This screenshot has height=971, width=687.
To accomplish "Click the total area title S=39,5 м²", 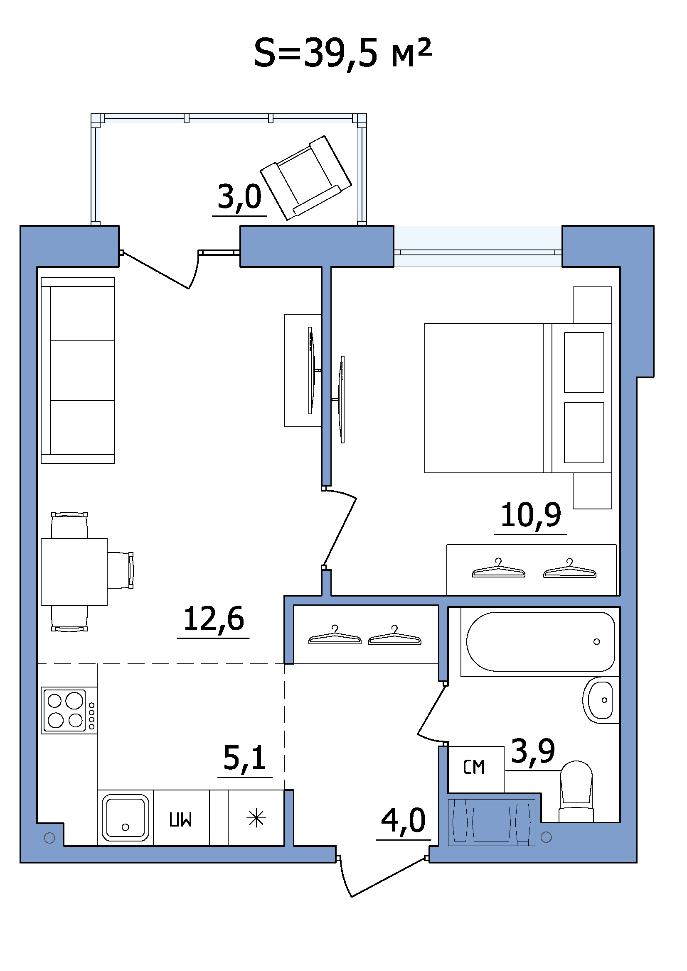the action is click(x=343, y=53).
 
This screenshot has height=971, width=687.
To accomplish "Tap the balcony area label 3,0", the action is click(x=239, y=197).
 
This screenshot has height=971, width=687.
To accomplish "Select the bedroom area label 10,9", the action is click(x=531, y=516).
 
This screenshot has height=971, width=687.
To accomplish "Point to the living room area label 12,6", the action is click(x=214, y=619).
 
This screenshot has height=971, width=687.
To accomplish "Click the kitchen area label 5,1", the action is click(x=245, y=758).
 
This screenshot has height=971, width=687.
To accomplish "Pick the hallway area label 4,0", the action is click(x=404, y=820).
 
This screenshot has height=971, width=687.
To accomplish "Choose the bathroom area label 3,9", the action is click(x=533, y=751).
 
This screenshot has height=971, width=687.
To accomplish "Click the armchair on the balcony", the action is click(x=305, y=178).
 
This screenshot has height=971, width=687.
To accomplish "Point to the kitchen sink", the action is click(x=125, y=818).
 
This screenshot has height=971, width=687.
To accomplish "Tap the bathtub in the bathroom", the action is click(x=541, y=642).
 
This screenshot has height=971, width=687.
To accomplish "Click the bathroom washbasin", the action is click(x=601, y=700).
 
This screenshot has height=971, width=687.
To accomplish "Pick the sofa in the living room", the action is click(x=78, y=370).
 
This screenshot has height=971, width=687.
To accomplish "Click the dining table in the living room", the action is click(x=74, y=572).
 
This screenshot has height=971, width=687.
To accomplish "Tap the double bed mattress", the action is click(x=484, y=398).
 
